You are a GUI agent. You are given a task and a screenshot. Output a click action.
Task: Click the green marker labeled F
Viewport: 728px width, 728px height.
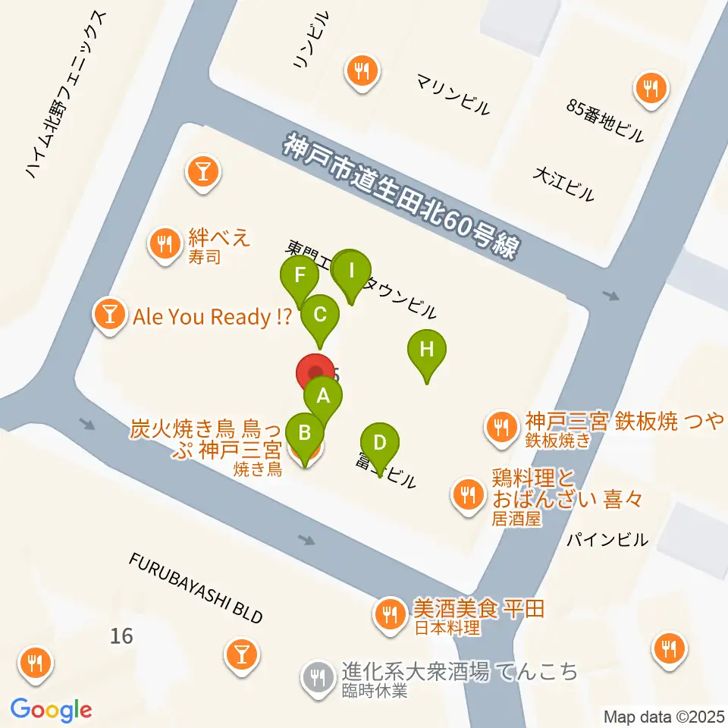point(300,276)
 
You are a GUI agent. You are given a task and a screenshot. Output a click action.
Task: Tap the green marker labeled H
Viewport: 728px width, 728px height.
point(427,351)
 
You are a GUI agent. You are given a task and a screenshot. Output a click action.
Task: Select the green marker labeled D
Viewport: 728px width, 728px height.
point(380,442)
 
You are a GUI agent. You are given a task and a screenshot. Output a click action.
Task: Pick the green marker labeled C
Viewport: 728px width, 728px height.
point(320,314)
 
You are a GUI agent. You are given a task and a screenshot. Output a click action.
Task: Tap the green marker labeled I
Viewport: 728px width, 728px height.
point(351,270)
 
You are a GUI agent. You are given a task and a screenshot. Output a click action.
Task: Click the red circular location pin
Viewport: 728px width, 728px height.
point(314,373)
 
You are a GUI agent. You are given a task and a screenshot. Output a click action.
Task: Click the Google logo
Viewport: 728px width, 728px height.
point(52,710)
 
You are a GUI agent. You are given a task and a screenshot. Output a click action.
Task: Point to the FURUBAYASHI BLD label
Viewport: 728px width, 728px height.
point(196,588)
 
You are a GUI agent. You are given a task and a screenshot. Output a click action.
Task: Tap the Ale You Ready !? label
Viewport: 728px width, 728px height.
point(212,317)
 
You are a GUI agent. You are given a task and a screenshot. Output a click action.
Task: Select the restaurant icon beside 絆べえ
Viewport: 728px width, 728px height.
point(164,243)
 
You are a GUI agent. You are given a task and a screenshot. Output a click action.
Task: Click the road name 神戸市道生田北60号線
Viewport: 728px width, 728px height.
point(402,196)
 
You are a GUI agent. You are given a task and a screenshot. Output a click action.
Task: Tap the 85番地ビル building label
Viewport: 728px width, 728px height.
point(605,121)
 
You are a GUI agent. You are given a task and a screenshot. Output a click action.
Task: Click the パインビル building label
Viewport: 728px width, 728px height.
point(608,540)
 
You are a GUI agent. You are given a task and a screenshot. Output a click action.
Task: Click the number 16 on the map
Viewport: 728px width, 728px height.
point(121,635)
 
